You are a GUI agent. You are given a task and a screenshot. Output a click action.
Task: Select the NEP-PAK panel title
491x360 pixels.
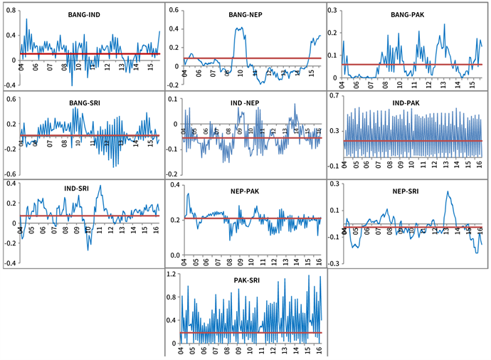click(242, 190)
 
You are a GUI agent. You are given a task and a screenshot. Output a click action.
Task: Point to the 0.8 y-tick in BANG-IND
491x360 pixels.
click(11, 11)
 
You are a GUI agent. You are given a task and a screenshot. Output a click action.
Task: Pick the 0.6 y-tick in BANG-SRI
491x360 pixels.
click(11, 99)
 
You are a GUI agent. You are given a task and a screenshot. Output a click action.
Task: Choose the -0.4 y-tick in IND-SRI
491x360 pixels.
click(9, 263)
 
